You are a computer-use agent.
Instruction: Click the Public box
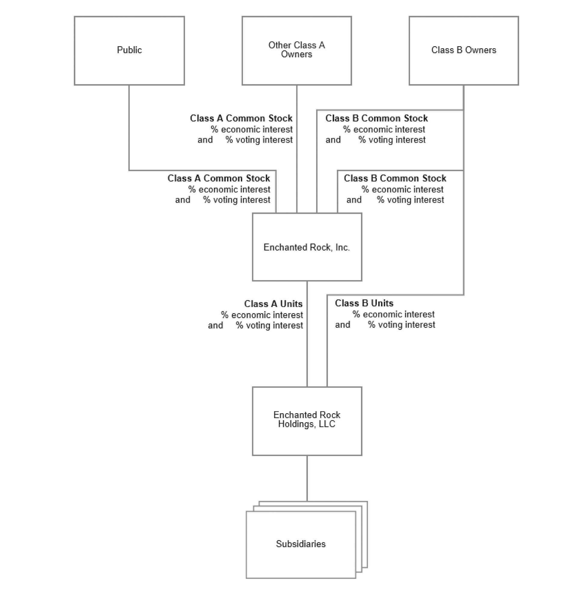(x=129, y=51)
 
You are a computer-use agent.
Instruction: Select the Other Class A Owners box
(x=297, y=51)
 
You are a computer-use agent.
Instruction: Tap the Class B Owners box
(x=464, y=51)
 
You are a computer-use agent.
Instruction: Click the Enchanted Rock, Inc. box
(x=307, y=247)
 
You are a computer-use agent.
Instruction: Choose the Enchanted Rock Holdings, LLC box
(x=307, y=421)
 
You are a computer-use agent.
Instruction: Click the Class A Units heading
(x=273, y=304)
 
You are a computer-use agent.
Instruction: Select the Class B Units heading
(x=364, y=303)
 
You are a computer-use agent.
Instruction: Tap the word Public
(x=129, y=50)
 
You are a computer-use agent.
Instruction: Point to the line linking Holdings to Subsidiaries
(x=307, y=479)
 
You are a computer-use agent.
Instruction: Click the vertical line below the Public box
(x=129, y=128)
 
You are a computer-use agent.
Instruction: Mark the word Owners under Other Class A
(x=297, y=54)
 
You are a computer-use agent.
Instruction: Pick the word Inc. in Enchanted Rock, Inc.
(x=342, y=247)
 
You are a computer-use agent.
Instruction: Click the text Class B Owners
(x=464, y=50)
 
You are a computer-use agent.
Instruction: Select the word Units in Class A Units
(x=291, y=304)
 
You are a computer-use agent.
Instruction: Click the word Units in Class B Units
(x=382, y=303)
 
